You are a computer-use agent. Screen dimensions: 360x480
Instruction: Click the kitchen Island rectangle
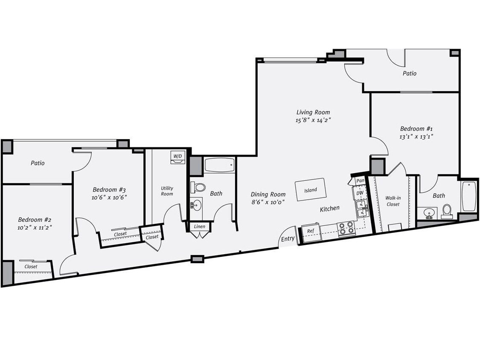310,189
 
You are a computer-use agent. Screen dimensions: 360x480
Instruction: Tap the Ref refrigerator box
311,231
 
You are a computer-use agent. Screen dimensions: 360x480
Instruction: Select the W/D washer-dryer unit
177,157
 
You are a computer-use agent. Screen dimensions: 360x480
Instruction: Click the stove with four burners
346,228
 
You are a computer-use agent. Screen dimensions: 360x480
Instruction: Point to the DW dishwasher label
360,193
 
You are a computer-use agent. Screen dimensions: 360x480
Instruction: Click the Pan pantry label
360,181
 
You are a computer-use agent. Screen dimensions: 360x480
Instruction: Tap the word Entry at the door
288,239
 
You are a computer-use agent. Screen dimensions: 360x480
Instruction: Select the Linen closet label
199,226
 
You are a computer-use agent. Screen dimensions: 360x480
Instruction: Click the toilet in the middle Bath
198,187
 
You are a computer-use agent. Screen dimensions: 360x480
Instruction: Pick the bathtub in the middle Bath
220,165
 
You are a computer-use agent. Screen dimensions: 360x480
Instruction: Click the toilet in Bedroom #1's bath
447,210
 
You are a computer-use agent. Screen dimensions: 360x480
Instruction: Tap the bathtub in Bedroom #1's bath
469,196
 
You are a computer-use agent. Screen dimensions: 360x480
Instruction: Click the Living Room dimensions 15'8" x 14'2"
314,120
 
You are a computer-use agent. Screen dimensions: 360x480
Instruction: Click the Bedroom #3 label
109,189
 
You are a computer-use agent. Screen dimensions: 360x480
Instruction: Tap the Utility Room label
167,191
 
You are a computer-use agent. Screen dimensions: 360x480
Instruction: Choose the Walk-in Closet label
393,201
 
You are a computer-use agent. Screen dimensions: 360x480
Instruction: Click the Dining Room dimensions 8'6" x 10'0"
268,202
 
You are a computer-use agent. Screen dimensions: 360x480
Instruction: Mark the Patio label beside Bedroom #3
38,163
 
